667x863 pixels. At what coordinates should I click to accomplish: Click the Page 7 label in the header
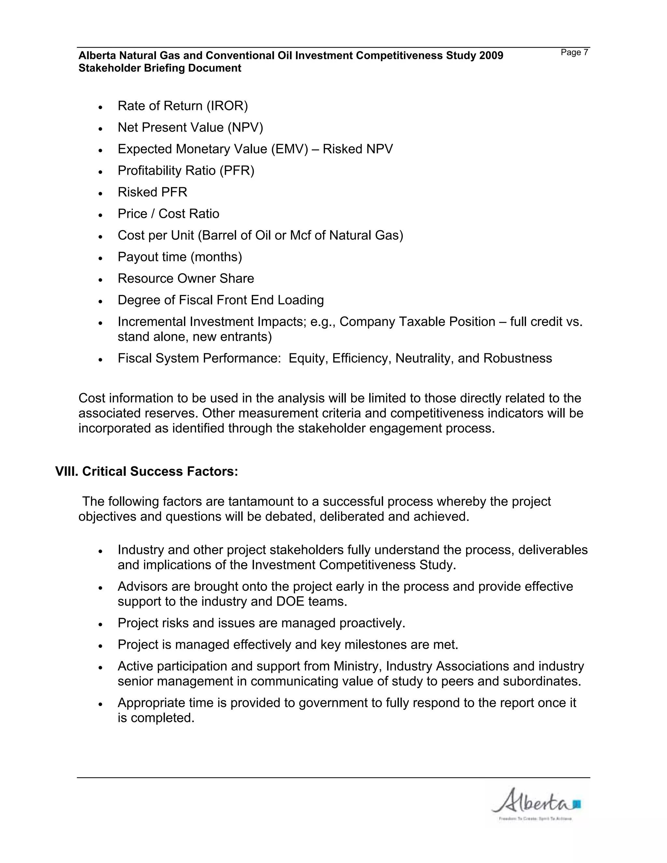tap(574, 52)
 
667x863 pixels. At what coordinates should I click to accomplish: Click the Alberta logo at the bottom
tap(535, 803)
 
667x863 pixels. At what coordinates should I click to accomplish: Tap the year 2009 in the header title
tap(491, 56)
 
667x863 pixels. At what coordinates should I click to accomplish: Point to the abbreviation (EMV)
tap(289, 149)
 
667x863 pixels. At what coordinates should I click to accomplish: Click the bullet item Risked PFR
tap(152, 192)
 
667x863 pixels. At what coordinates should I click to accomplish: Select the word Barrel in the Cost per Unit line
tap(219, 235)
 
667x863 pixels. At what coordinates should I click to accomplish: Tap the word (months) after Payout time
tap(216, 257)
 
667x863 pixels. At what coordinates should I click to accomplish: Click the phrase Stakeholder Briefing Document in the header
tap(160, 68)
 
